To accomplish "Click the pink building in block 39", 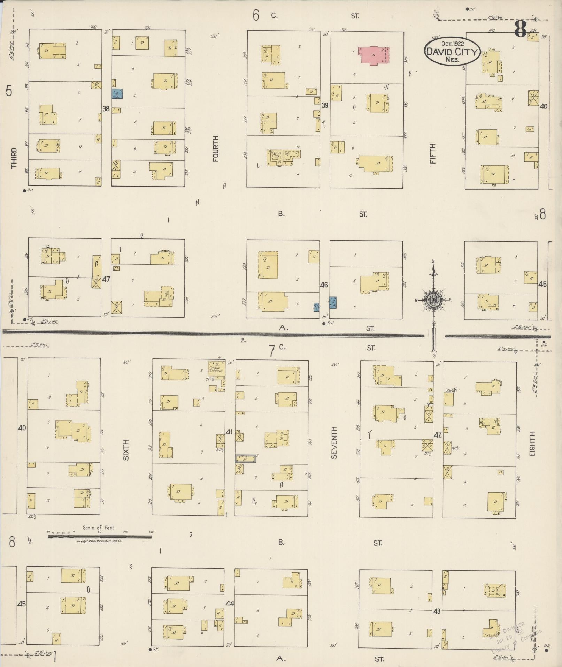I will pyautogui.click(x=375, y=55).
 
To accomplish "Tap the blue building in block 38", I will pyautogui.click(x=117, y=93).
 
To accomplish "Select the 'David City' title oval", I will pyautogui.click(x=452, y=51).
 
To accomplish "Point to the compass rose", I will pyautogui.click(x=433, y=300).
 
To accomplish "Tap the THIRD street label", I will pyautogui.click(x=14, y=158).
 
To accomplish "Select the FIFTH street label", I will pyautogui.click(x=433, y=154).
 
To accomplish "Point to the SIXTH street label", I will pyautogui.click(x=126, y=449).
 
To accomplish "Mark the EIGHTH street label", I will pyautogui.click(x=532, y=444).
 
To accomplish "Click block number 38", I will pyautogui.click(x=106, y=109).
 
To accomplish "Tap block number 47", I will pyautogui.click(x=106, y=279).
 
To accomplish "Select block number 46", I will pyautogui.click(x=324, y=285).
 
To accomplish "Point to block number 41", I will pyautogui.click(x=229, y=432).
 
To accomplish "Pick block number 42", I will pyautogui.click(x=438, y=435).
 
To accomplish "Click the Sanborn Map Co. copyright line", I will pyautogui.click(x=99, y=541).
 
